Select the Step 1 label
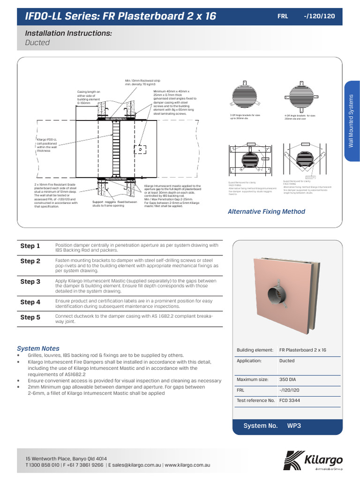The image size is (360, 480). click(30, 246)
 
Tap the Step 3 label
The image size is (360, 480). click(30, 282)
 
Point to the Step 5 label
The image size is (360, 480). click(30, 317)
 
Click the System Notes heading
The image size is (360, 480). click(38, 348)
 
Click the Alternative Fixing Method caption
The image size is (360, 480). click(266, 211)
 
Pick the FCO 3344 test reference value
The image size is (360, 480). click(290, 400)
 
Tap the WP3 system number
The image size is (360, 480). click(293, 426)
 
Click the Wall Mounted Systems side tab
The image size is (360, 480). click(352, 121)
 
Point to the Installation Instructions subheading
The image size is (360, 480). click(68, 33)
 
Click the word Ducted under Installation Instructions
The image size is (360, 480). click(37, 43)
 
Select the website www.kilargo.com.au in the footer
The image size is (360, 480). click(187, 465)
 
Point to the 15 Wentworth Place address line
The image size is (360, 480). click(66, 458)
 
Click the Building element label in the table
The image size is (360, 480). click(255, 350)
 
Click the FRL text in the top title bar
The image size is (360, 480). click(283, 16)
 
